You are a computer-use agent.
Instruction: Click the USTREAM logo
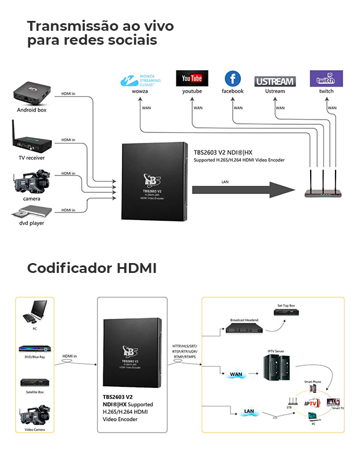[x=275, y=81]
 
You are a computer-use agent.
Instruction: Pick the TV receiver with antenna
[x=30, y=140]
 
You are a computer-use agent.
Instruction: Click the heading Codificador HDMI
[x=92, y=269]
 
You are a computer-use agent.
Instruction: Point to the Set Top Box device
[x=286, y=314]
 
